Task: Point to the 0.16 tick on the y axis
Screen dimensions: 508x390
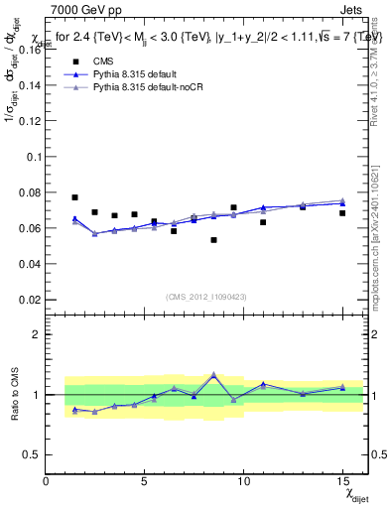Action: (x=29, y=50)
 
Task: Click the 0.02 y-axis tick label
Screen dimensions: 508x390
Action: (x=29, y=299)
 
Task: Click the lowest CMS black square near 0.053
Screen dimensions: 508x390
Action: (x=213, y=240)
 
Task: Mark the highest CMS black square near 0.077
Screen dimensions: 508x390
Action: (x=74, y=197)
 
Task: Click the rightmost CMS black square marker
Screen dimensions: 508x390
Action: (x=342, y=213)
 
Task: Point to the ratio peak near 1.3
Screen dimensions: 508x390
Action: (x=213, y=375)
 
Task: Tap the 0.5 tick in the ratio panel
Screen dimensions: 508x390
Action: (x=33, y=454)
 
